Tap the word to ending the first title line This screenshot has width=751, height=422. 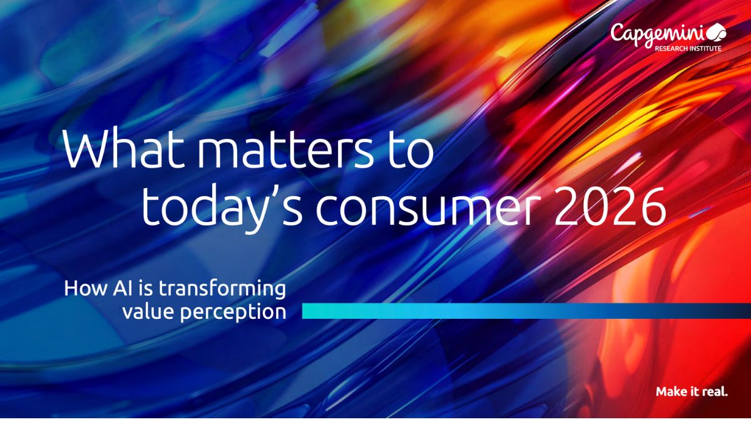pyautogui.click(x=411, y=151)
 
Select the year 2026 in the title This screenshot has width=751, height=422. pyautogui.click(x=610, y=206)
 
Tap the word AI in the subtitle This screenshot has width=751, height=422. pyautogui.click(x=123, y=288)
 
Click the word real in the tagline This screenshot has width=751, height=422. pyautogui.click(x=715, y=391)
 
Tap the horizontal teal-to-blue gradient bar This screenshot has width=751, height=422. pyautogui.click(x=526, y=311)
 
